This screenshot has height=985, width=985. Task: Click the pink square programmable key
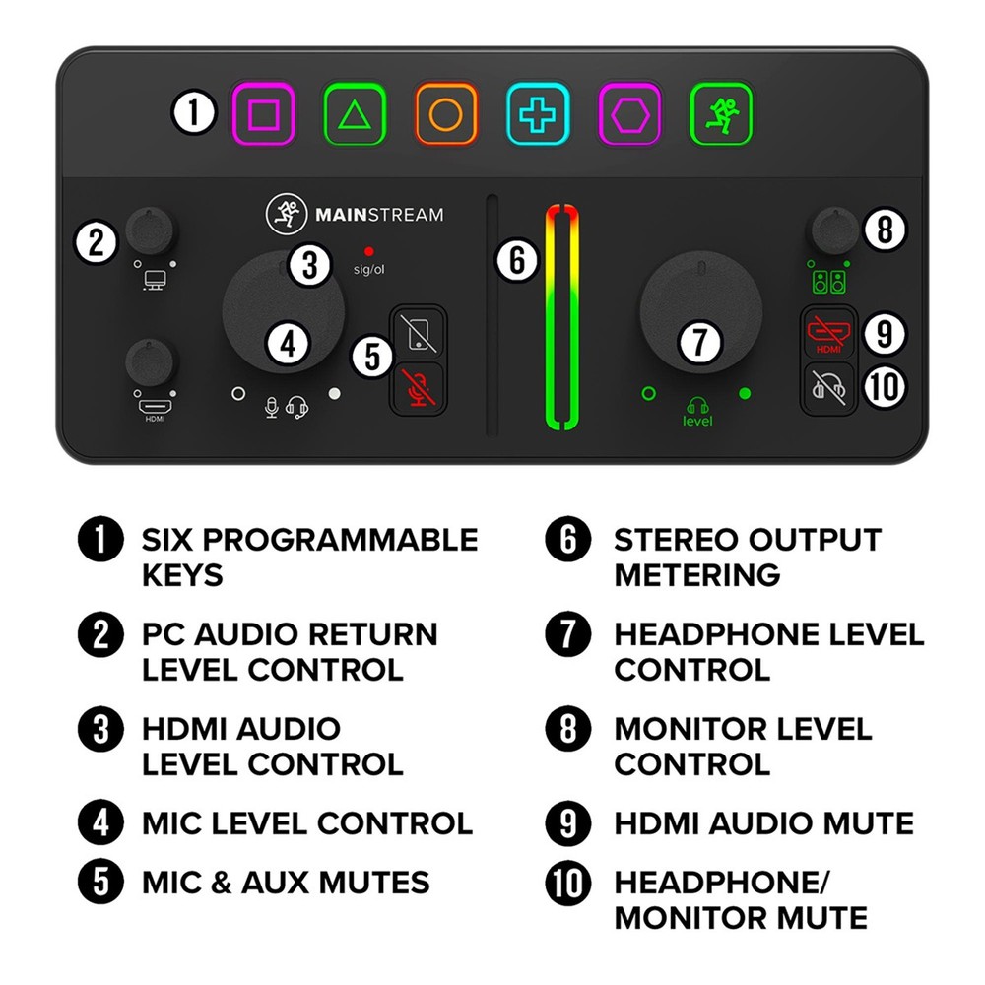point(263,115)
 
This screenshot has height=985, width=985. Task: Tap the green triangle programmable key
point(355,115)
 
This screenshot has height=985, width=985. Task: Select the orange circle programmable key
point(446,115)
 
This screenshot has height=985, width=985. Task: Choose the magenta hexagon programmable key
point(630,115)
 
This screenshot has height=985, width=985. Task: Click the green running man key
point(721,115)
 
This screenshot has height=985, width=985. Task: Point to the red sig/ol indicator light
point(368,251)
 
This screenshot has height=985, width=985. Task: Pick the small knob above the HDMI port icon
point(153,362)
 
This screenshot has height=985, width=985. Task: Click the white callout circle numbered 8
point(884,230)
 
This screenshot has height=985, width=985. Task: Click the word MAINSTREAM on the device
point(379,214)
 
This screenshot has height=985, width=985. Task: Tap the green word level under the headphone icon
point(697,422)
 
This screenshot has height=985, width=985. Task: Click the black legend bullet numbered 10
point(568,882)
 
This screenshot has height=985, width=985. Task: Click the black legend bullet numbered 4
point(99,822)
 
